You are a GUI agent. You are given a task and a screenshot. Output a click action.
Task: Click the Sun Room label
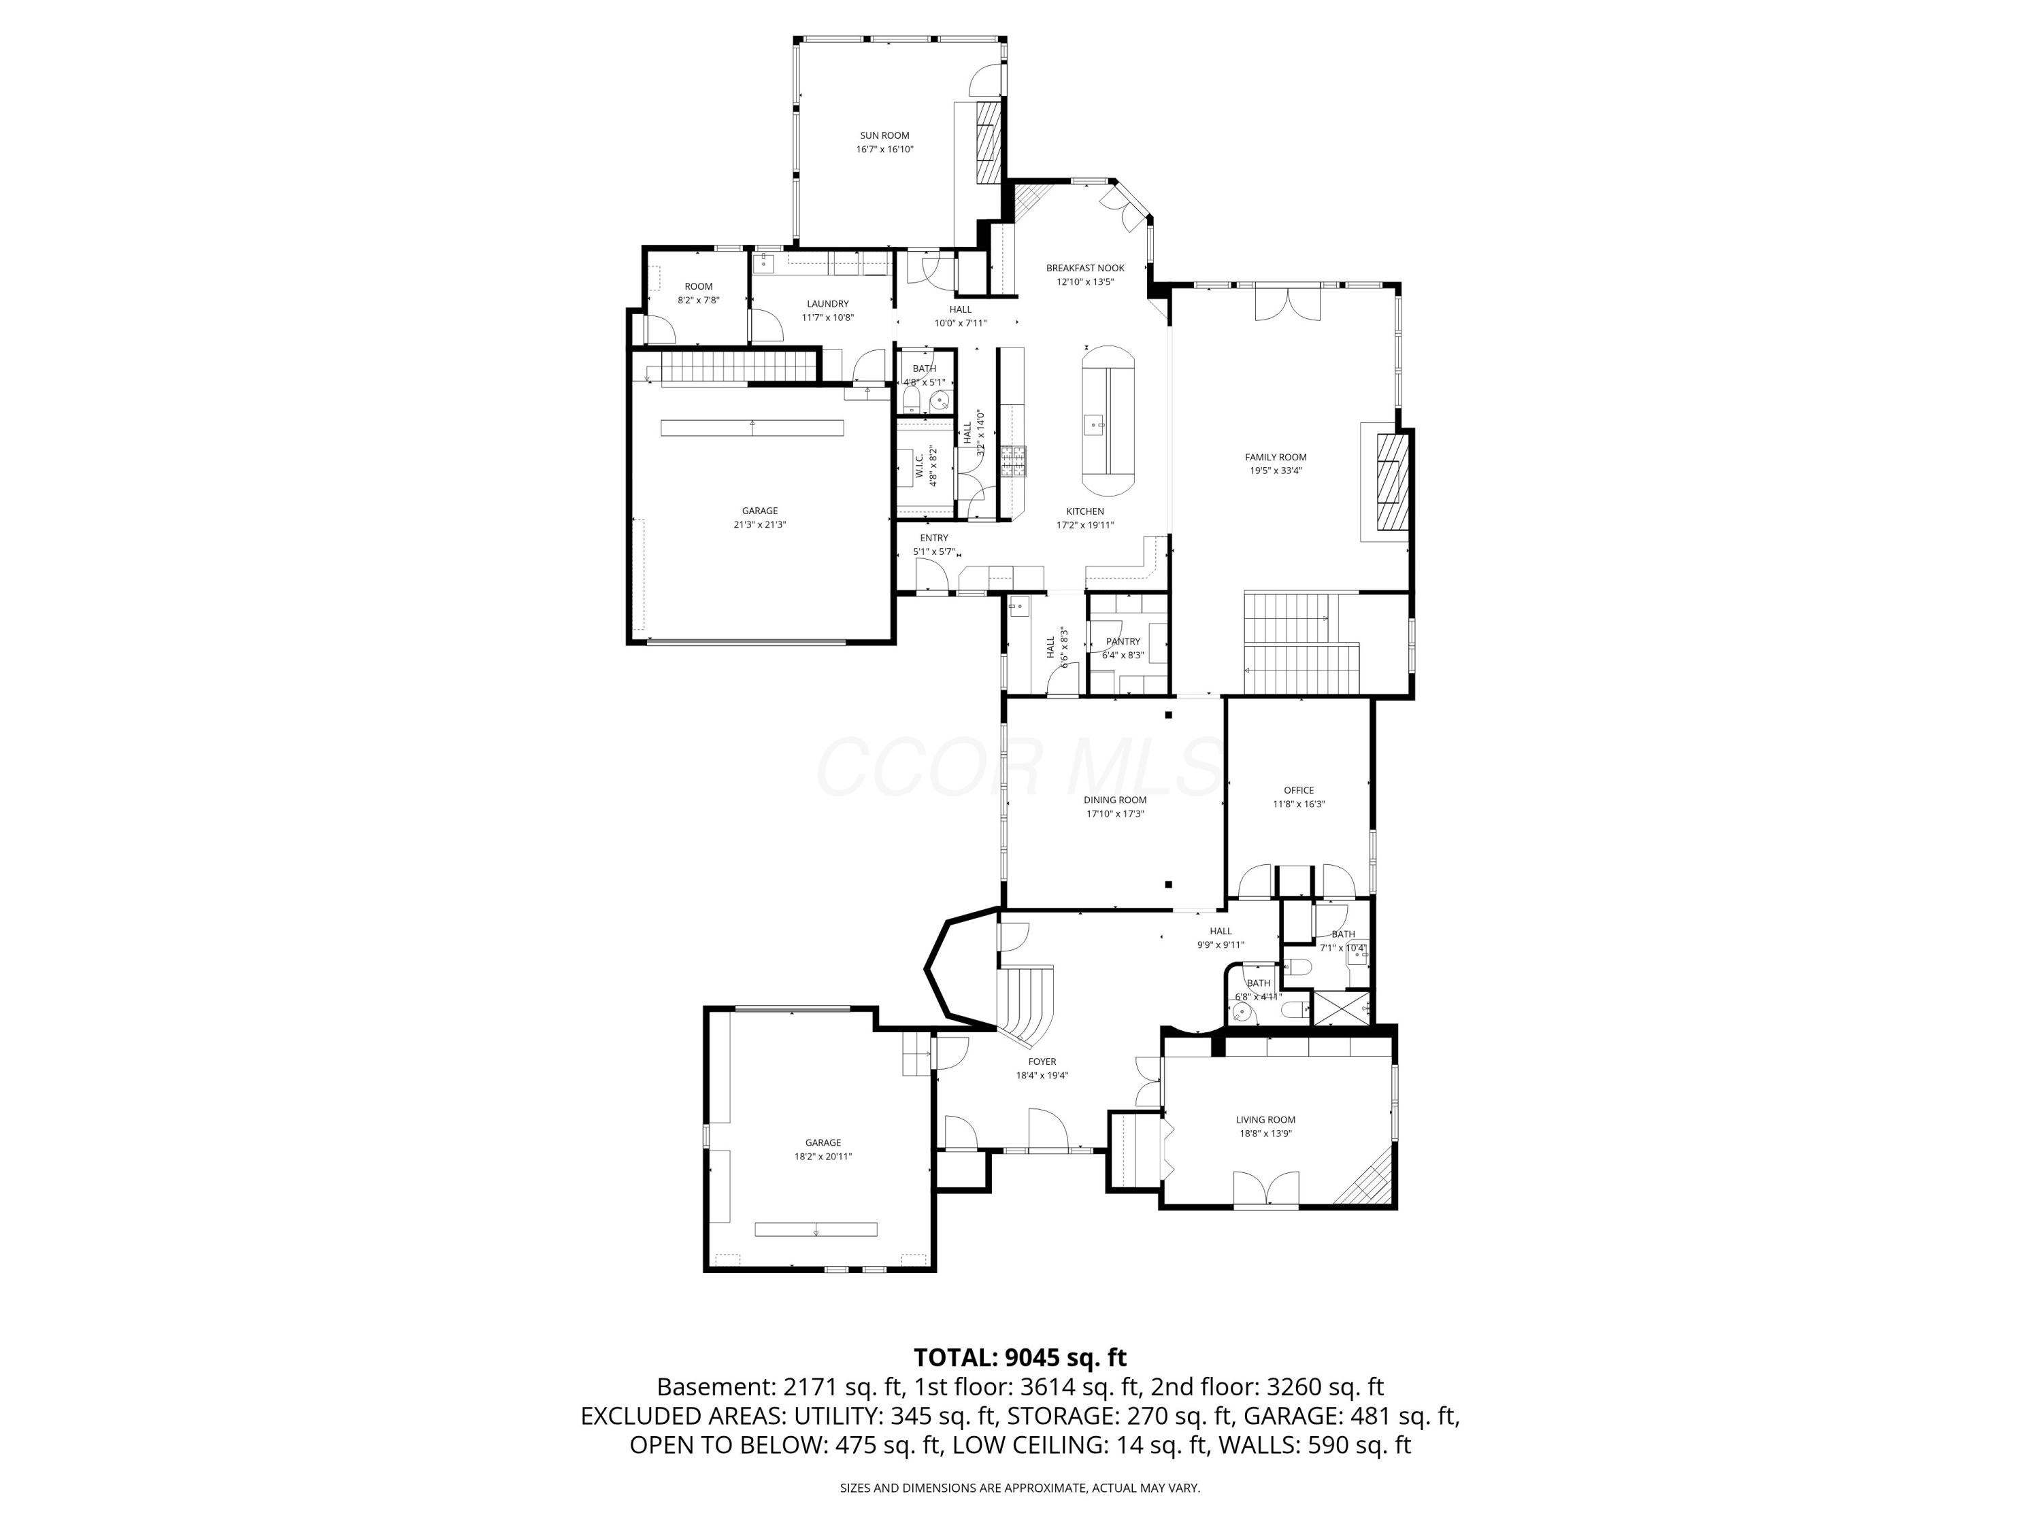[884, 135]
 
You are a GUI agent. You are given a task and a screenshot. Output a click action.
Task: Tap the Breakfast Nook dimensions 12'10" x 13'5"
[1085, 282]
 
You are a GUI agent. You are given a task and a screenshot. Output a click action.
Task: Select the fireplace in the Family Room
[1393, 482]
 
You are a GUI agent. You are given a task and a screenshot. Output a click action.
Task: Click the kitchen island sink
[1095, 425]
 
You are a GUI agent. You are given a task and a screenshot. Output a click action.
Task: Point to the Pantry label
[1123, 641]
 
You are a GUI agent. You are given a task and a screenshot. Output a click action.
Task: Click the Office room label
[1298, 790]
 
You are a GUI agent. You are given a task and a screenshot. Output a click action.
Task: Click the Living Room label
[1265, 1119]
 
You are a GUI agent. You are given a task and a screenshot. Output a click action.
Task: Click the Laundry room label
[827, 303]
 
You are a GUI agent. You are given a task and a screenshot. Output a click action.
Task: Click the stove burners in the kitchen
[1012, 460]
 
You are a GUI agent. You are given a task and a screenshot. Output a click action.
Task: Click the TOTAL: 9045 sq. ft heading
[1020, 1357]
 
